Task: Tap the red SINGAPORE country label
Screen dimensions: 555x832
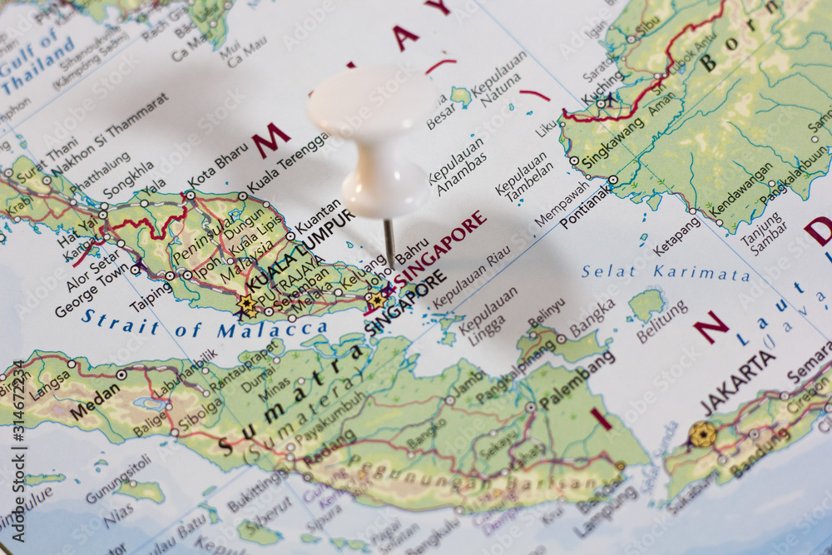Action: coord(440,248)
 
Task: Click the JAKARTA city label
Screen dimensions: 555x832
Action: coord(737,382)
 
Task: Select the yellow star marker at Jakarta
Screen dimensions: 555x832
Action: coord(701,434)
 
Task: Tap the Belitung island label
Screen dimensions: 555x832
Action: coord(662,321)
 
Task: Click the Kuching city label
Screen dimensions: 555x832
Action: coord(602,87)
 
